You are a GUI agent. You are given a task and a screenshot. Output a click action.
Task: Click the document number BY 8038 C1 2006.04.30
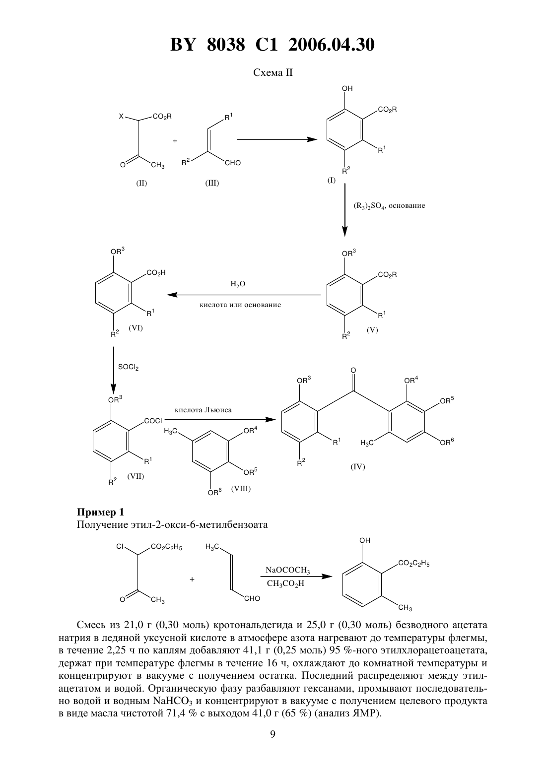pyautogui.click(x=273, y=45)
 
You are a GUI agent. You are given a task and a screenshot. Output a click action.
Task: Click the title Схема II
pyautogui.click(x=273, y=73)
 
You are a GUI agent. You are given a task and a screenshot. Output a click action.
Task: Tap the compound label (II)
pyautogui.click(x=141, y=183)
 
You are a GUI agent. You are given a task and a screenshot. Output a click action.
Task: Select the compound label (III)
pyautogui.click(x=212, y=183)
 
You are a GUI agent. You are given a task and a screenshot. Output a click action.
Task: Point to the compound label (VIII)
pyautogui.click(x=241, y=488)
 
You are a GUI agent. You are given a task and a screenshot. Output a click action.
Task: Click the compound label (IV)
pyautogui.click(x=358, y=467)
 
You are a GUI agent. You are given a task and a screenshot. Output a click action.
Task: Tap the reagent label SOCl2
pyautogui.click(x=128, y=367)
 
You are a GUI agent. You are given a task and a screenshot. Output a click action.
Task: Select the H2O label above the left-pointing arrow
pyautogui.click(x=238, y=284)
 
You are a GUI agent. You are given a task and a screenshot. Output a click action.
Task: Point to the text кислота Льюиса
pyautogui.click(x=203, y=410)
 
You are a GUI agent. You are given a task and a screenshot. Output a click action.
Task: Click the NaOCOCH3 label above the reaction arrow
pyautogui.click(x=288, y=570)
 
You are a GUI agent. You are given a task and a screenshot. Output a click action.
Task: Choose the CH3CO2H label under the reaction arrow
pyautogui.click(x=285, y=583)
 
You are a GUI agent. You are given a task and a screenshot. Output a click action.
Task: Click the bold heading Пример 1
pyautogui.click(x=100, y=513)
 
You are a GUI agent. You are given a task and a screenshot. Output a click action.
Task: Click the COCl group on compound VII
pyautogui.click(x=153, y=421)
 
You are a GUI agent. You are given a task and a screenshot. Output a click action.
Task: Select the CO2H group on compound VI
pyautogui.click(x=156, y=272)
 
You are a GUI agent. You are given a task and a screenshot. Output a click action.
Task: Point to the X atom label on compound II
pyautogui.click(x=121, y=117)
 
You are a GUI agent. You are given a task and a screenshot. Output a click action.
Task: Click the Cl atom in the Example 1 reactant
pyautogui.click(x=120, y=547)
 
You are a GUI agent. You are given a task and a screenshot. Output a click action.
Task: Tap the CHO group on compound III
pyautogui.click(x=233, y=163)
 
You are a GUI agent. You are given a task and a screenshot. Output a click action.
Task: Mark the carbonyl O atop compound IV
pyautogui.click(x=353, y=371)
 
